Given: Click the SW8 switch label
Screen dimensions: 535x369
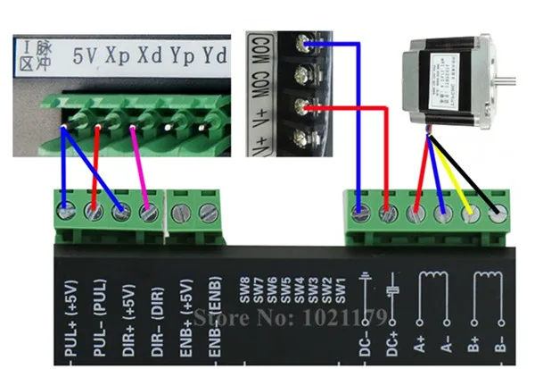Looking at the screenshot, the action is (243, 294).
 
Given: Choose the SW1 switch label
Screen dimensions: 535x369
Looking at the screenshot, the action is (340, 294).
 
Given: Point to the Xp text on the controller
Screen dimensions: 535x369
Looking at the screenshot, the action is (118, 56).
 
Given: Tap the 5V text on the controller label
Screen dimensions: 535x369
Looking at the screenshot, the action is (84, 56).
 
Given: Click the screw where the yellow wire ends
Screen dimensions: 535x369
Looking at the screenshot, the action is (470, 214).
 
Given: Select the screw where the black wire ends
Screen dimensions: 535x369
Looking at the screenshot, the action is (498, 214).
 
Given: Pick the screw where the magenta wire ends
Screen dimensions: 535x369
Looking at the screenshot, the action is (150, 214).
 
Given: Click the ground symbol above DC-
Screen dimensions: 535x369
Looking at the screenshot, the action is (364, 285).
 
